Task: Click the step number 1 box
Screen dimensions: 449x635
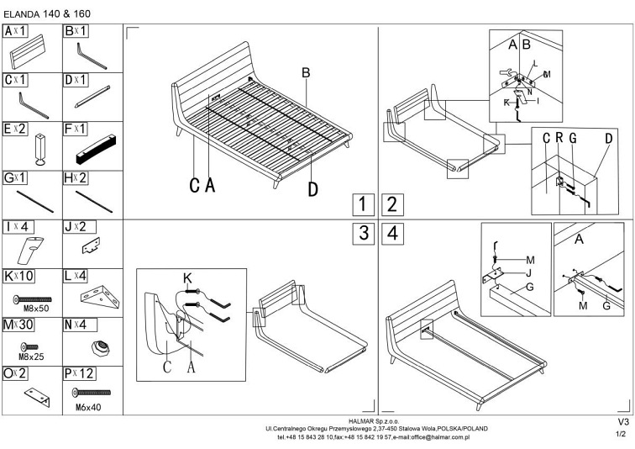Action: [362, 204]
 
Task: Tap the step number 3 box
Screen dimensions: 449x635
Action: [362, 235]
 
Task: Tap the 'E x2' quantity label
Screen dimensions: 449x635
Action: [16, 129]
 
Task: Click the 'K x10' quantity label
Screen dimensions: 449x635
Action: [18, 274]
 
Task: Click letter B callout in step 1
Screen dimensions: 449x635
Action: [307, 74]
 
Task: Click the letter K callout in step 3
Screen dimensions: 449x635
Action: [187, 277]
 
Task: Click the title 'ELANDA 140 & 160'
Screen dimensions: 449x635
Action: [48, 14]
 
